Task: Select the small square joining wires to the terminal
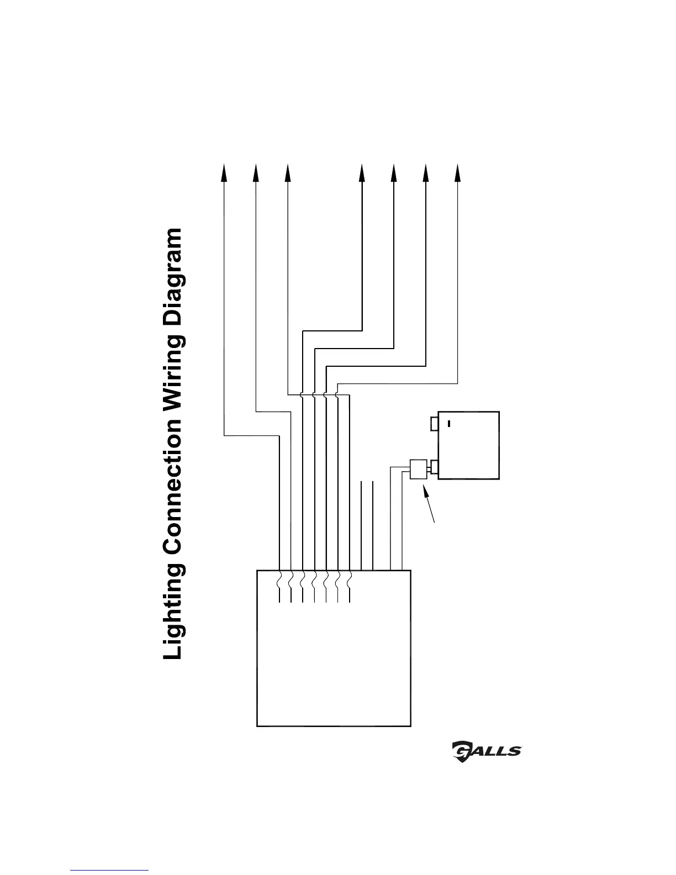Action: point(418,468)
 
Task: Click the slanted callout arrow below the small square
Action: point(429,503)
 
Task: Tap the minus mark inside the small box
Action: point(449,424)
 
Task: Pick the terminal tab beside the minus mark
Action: point(434,423)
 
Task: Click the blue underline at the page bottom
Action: point(110,869)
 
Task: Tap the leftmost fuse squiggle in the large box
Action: point(280,579)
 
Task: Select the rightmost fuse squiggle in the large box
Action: point(350,579)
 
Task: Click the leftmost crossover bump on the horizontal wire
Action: point(302,394)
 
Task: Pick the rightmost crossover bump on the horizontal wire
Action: point(337,394)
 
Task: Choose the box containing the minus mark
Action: point(468,445)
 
